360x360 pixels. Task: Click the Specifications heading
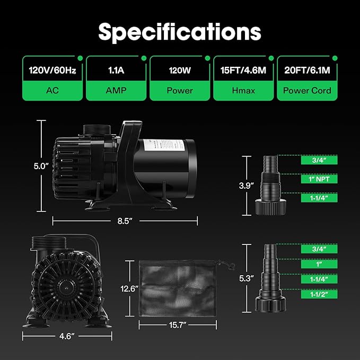click(x=180, y=32)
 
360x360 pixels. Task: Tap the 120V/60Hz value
click(x=52, y=71)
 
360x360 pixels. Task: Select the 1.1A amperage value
click(x=116, y=71)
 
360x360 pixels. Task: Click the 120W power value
click(x=180, y=71)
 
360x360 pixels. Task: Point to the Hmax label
click(x=243, y=91)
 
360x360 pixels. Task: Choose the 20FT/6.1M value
click(x=307, y=71)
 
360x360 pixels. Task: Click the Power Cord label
click(x=307, y=91)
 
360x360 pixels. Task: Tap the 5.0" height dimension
click(x=41, y=166)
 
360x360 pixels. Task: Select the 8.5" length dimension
click(x=125, y=221)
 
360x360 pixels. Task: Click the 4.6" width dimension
click(x=67, y=336)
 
